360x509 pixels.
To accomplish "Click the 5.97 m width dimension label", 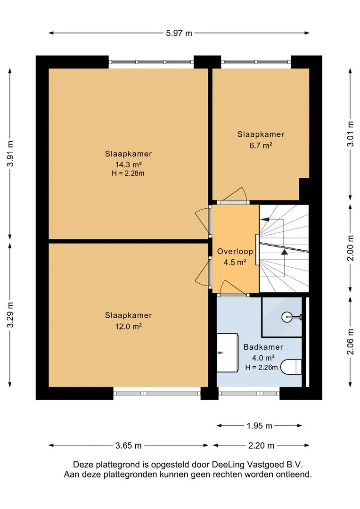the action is [179, 33].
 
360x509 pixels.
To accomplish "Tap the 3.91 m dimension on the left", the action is [10, 154].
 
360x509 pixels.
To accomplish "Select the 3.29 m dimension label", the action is [10, 314].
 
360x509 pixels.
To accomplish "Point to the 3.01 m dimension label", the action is [350, 134].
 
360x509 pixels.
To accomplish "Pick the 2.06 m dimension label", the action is [350, 342].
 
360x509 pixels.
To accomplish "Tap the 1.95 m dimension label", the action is [259, 426].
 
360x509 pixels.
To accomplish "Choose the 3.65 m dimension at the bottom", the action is [128, 445].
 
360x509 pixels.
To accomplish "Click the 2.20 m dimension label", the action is [261, 445].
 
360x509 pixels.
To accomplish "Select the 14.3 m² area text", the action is [129, 164].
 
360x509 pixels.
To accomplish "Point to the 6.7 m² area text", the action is [261, 145].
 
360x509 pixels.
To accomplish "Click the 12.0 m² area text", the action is [129, 326].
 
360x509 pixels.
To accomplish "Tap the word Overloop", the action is [235, 251].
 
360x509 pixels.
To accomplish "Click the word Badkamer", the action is [263, 347].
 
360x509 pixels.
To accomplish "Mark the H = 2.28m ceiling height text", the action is [128, 173].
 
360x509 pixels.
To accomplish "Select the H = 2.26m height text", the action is [262, 368].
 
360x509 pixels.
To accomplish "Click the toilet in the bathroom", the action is [291, 367].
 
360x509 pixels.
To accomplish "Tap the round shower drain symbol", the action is [287, 317].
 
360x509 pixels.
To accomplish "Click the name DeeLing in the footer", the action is [226, 465].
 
